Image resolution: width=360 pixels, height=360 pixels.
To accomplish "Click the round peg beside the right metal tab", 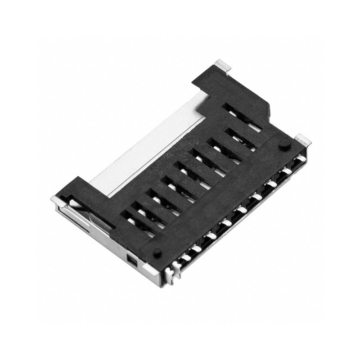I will click(x=284, y=144).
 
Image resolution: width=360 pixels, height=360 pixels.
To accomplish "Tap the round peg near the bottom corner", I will click(x=157, y=252).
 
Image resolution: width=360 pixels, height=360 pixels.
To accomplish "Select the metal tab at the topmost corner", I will click(x=222, y=65).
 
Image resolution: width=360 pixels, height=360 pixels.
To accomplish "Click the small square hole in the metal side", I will click(x=131, y=260).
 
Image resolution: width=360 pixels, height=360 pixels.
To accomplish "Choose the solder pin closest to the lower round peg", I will click(x=183, y=257).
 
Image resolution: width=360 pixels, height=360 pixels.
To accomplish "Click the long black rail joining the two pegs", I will click(x=220, y=198).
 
